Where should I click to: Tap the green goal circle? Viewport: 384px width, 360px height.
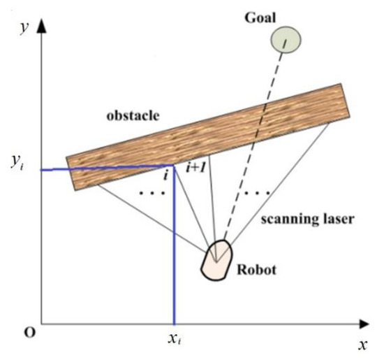285,40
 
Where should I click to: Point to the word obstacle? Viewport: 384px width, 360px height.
134,115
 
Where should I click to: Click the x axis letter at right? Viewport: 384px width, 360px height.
363,344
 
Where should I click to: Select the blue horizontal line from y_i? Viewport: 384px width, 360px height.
105,168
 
